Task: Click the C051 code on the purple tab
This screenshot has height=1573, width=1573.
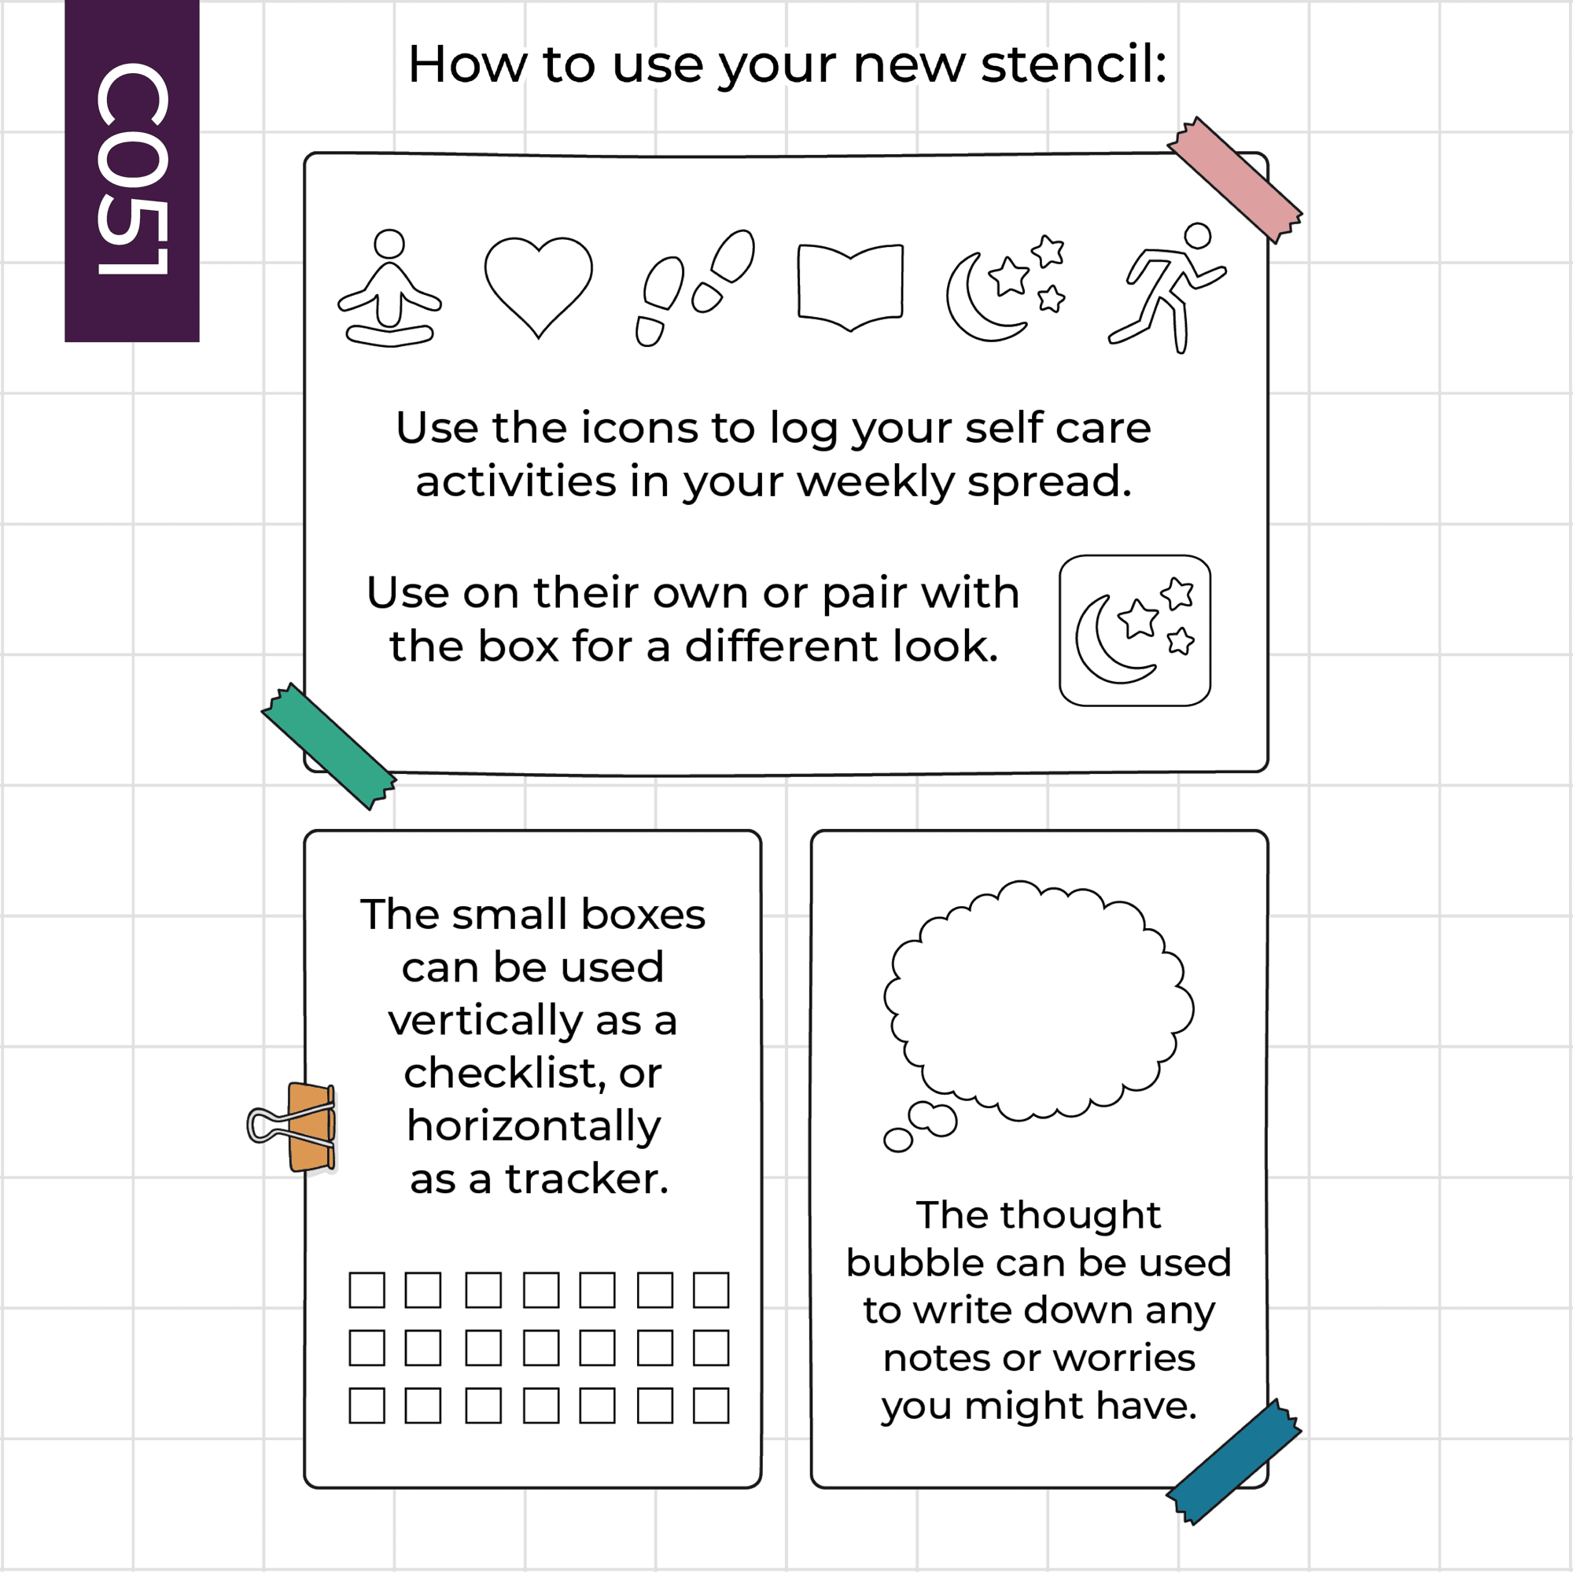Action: [x=132, y=169]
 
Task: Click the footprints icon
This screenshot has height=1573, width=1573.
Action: [x=695, y=287]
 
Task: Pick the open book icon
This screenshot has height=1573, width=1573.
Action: [x=851, y=287]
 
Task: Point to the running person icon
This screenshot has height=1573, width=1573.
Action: [x=1167, y=287]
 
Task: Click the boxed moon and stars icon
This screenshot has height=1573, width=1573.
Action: [x=1135, y=631]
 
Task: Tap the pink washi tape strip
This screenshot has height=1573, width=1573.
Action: [x=1235, y=180]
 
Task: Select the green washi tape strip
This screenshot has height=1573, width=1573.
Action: [x=329, y=746]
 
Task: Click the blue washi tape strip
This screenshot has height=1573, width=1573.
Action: [x=1234, y=1462]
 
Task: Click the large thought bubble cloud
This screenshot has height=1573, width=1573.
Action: [x=1039, y=1001]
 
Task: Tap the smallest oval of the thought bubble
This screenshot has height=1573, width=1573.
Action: [x=898, y=1140]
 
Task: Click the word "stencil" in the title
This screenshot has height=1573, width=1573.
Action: [x=1074, y=64]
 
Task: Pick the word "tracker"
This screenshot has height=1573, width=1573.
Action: [x=586, y=1179]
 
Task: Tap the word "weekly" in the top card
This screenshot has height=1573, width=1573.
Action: [x=875, y=482]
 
